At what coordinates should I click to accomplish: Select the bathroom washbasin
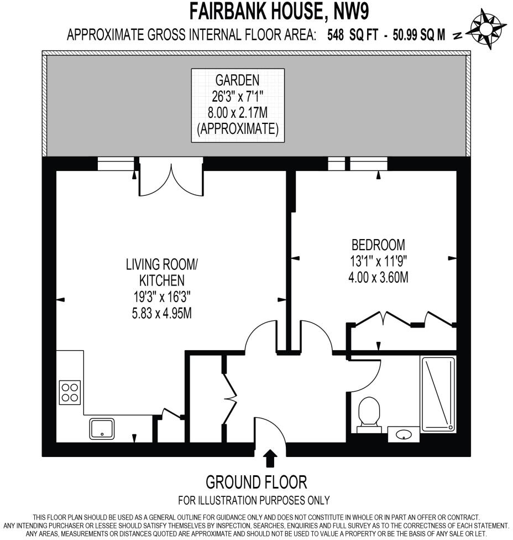pyautogui.click(x=403, y=435)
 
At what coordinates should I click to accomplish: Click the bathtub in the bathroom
pyautogui.click(x=438, y=394)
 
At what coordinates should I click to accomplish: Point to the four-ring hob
pyautogui.click(x=70, y=392)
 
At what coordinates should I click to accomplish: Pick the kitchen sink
pyautogui.click(x=102, y=429)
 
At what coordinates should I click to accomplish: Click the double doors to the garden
pyautogui.click(x=171, y=178)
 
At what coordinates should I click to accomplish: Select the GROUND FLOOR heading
pyautogui.click(x=256, y=482)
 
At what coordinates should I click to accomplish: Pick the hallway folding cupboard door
pyautogui.click(x=230, y=397)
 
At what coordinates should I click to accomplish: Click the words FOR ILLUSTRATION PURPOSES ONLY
pyautogui.click(x=254, y=500)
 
